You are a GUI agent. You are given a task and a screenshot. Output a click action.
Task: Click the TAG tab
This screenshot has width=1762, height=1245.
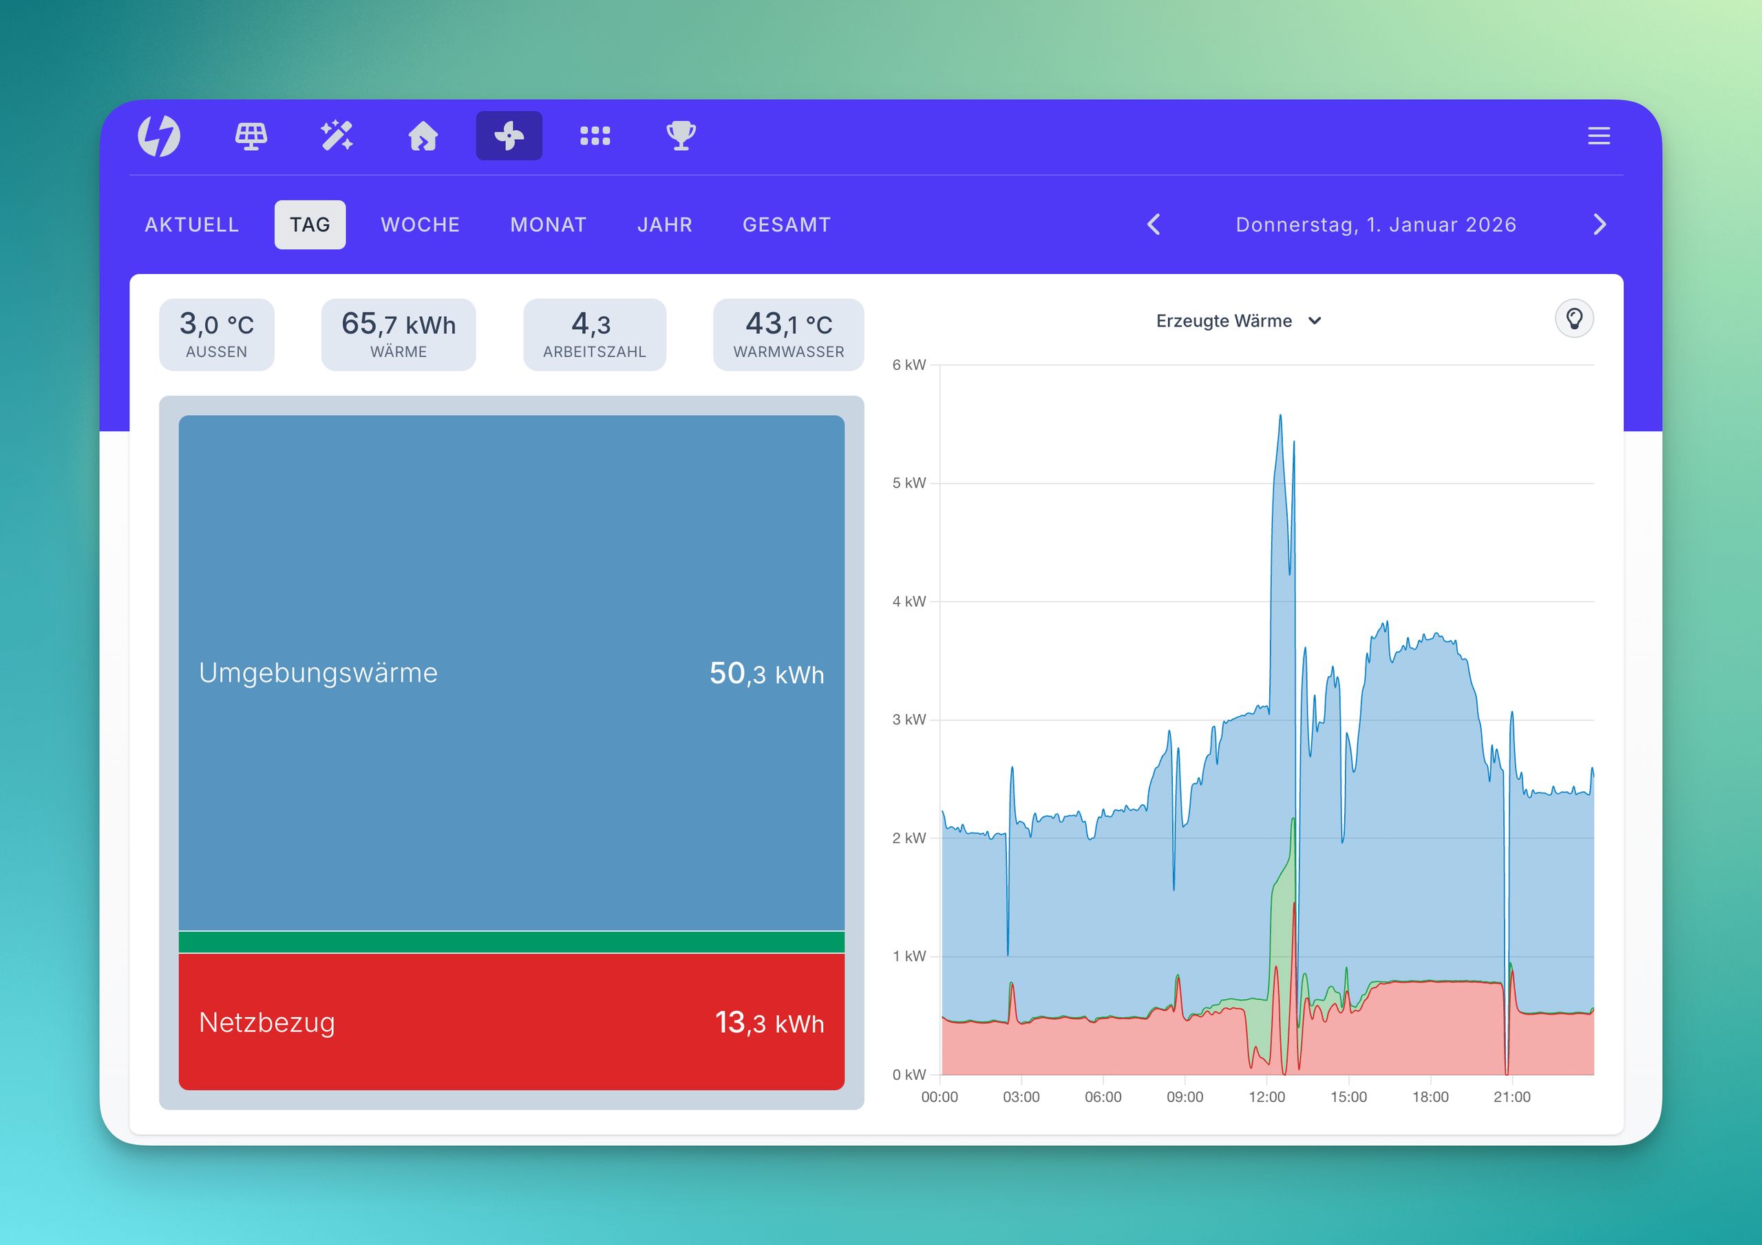(x=310, y=225)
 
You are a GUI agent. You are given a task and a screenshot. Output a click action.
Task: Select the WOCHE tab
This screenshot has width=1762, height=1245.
(x=420, y=225)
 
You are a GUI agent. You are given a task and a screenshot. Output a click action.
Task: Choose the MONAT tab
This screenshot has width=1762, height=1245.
(x=548, y=225)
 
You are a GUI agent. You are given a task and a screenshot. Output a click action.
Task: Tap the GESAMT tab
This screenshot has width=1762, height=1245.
(x=787, y=225)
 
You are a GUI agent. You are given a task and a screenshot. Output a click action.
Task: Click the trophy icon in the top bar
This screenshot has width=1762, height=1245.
(x=681, y=136)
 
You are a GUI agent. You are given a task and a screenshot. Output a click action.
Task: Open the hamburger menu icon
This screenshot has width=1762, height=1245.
(x=1599, y=136)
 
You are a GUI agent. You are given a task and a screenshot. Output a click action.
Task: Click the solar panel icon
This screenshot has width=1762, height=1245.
(x=251, y=136)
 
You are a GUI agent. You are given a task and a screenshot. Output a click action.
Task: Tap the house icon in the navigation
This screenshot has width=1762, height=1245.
(x=423, y=136)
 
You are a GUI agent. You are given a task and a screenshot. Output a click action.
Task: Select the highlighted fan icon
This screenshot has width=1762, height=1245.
(x=509, y=136)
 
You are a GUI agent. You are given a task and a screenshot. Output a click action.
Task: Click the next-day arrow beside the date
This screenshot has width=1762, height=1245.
(x=1600, y=225)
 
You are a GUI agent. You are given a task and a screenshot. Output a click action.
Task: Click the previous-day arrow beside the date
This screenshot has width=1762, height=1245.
(x=1154, y=225)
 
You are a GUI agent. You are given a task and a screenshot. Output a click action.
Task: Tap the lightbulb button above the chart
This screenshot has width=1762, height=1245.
(x=1574, y=319)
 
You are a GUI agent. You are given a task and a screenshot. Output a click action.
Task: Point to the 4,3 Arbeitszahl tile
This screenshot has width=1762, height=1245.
(x=594, y=335)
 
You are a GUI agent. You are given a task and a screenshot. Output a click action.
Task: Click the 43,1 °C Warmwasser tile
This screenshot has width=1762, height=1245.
(x=788, y=335)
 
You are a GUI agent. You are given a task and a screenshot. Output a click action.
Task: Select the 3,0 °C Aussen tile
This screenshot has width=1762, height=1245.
(x=216, y=335)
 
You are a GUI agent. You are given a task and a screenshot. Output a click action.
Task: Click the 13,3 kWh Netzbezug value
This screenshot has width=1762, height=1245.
(x=769, y=1023)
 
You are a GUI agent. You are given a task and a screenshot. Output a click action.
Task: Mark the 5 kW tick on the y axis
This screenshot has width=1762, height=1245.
(x=909, y=483)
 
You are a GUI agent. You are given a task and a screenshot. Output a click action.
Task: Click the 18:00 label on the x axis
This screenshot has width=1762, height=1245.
(x=1430, y=1097)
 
